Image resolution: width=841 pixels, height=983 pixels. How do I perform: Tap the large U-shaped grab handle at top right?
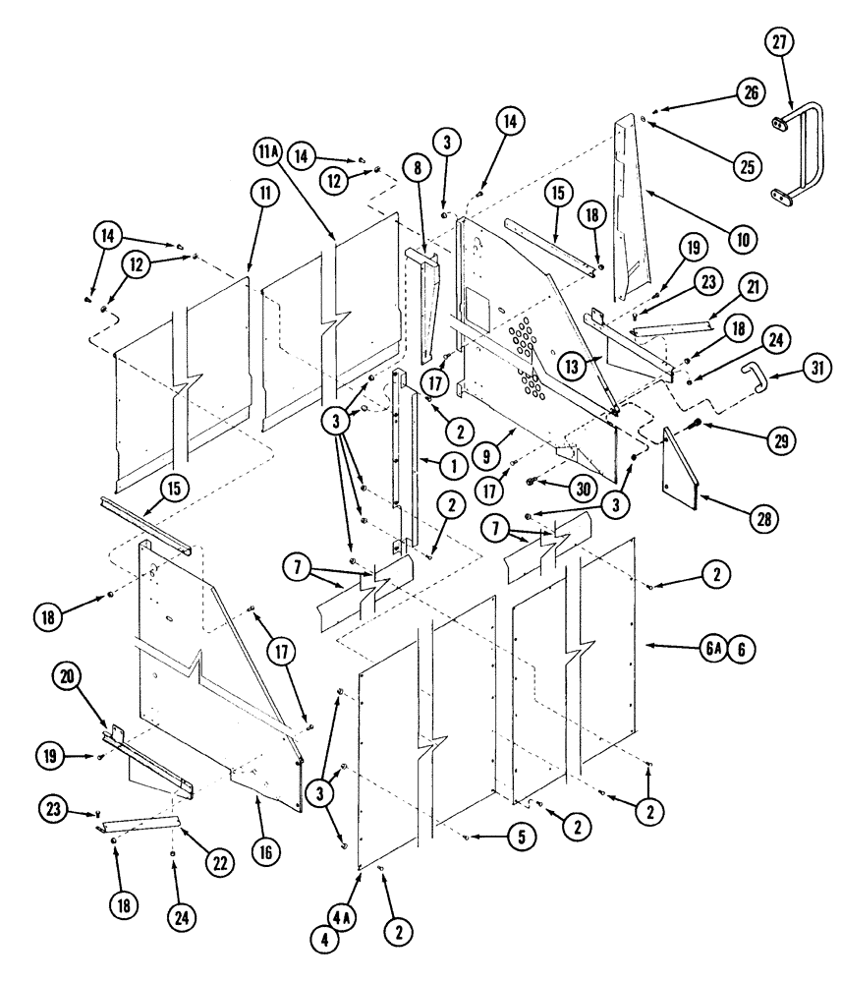point(805,147)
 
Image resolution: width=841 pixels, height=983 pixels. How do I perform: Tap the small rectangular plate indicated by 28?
point(683,468)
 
